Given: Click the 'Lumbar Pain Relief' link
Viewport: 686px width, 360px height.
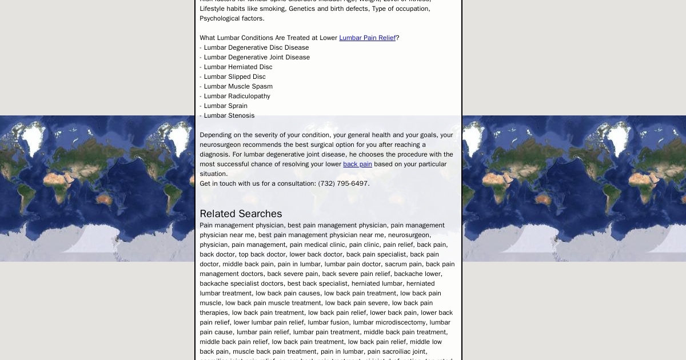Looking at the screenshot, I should tap(367, 38).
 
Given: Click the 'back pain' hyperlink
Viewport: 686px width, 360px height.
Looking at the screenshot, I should tap(357, 164).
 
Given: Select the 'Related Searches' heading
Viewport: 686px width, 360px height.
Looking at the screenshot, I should tap(241, 214).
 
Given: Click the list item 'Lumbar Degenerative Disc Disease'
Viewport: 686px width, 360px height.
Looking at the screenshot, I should tap(256, 47).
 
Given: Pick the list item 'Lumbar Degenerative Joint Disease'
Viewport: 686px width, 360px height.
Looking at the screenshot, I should tap(257, 57).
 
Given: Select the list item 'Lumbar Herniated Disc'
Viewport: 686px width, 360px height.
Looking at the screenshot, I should tap(238, 67).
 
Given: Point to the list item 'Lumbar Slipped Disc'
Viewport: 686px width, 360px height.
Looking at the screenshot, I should tap(234, 77).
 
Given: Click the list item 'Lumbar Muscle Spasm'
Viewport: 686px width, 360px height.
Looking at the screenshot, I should tap(238, 86).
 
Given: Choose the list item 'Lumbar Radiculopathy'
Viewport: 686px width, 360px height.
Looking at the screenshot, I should tap(237, 96).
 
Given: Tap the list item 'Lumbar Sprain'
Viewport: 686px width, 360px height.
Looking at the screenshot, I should tap(225, 106).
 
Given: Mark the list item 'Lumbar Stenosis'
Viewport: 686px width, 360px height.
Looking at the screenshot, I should tap(229, 115).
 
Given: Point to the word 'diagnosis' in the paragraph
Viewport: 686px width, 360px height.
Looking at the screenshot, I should tap(215, 154).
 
